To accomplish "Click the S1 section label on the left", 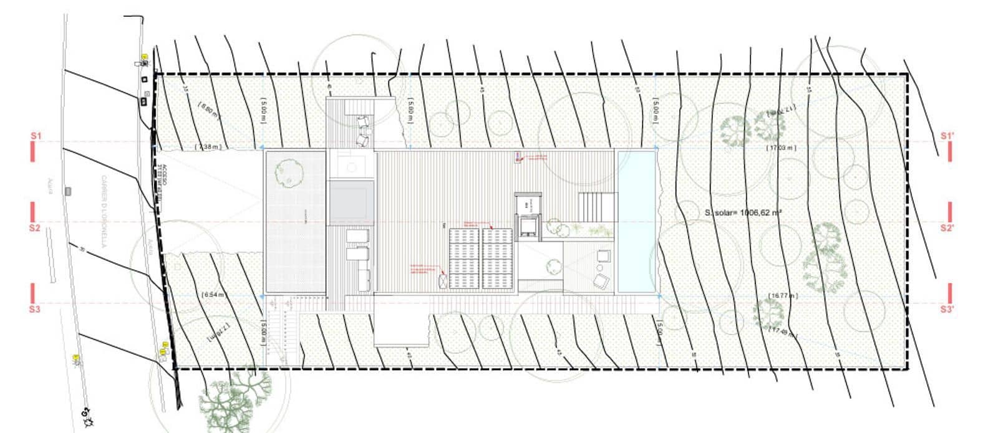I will (35, 135).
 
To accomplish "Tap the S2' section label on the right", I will (947, 228).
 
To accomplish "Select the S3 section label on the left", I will (35, 308).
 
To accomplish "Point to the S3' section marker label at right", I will (947, 308).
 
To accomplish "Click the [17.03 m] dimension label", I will (781, 148).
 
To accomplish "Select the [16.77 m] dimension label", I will (783, 296).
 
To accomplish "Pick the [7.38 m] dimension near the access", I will (208, 146).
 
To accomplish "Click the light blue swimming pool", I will (636, 221).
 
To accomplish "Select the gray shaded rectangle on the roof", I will (351, 202).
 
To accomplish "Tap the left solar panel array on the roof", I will (463, 259).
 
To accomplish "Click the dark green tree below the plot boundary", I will (236, 402).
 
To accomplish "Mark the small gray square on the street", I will (68, 191).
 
